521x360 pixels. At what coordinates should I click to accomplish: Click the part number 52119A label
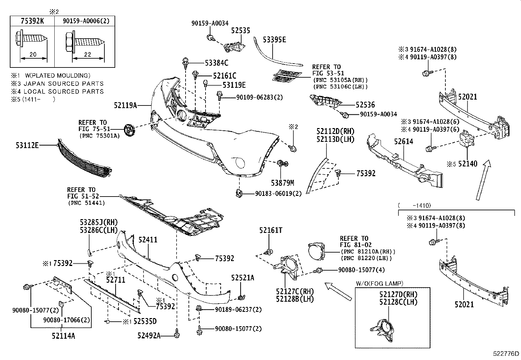click(125, 105)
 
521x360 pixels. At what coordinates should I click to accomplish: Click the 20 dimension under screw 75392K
click(33, 55)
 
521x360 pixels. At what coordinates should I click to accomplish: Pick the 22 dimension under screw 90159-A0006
click(87, 55)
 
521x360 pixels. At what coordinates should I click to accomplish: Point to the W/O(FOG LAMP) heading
click(379, 283)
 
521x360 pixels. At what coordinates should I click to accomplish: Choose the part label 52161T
click(271, 231)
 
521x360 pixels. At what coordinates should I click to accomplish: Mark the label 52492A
click(149, 335)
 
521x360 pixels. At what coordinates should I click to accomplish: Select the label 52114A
click(63, 335)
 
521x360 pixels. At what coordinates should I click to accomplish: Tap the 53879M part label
click(282, 182)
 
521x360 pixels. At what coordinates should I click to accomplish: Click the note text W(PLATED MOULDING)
click(58, 76)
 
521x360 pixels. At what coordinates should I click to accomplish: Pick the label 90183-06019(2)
click(278, 194)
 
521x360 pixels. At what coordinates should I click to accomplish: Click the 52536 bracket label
click(365, 105)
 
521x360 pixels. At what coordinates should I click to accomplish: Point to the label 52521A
click(243, 278)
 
